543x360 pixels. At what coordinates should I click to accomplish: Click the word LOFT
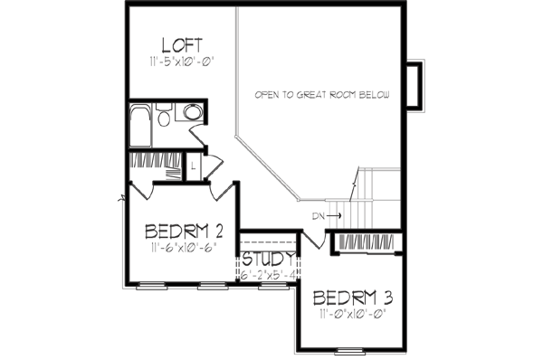click(x=181, y=44)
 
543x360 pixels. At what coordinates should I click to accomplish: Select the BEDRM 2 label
click(x=184, y=229)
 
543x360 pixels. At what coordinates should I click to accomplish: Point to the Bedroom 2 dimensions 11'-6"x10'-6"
click(x=184, y=247)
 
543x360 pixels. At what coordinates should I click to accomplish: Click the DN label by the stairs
click(x=318, y=216)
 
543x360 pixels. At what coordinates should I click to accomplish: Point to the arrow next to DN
click(x=334, y=216)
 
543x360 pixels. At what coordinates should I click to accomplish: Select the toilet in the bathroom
click(x=164, y=118)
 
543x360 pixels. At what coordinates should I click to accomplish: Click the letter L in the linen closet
click(x=193, y=166)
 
